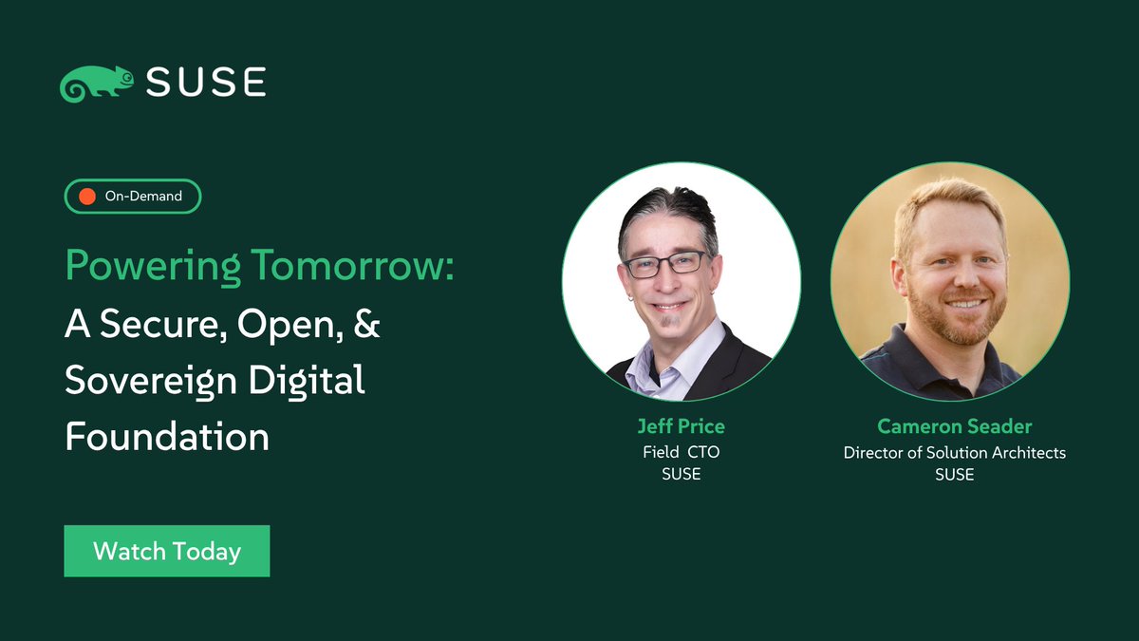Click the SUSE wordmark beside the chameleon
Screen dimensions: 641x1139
click(206, 82)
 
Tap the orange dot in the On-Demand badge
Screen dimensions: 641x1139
click(87, 197)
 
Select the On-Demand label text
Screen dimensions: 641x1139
click(142, 197)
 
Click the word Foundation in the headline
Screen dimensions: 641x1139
click(167, 437)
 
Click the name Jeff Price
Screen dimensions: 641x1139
click(681, 426)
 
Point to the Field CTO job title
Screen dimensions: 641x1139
click(681, 452)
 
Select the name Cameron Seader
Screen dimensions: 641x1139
click(954, 426)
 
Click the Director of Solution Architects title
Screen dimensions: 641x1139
click(954, 452)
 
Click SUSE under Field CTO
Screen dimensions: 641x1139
click(681, 475)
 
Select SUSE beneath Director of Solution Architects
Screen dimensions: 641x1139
click(954, 475)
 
